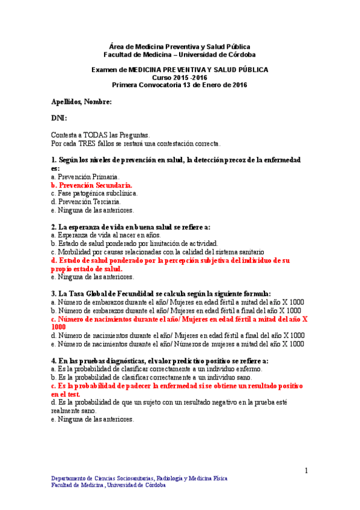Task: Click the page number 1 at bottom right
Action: (306, 470)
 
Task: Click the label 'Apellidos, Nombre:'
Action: (81, 103)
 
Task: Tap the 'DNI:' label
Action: (59, 118)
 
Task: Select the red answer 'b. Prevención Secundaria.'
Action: (92, 186)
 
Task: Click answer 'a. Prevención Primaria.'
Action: (85, 177)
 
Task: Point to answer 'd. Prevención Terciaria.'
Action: (86, 202)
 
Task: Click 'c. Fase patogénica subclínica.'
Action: (94, 194)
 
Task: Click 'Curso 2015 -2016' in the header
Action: (179, 78)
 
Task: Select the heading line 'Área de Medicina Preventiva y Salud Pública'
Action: (180, 46)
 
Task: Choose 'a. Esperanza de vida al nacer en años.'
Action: (103, 235)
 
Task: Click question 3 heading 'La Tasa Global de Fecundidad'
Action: (161, 293)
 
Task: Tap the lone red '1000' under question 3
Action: (58, 327)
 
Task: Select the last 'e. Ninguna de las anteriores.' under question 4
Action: (92, 419)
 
